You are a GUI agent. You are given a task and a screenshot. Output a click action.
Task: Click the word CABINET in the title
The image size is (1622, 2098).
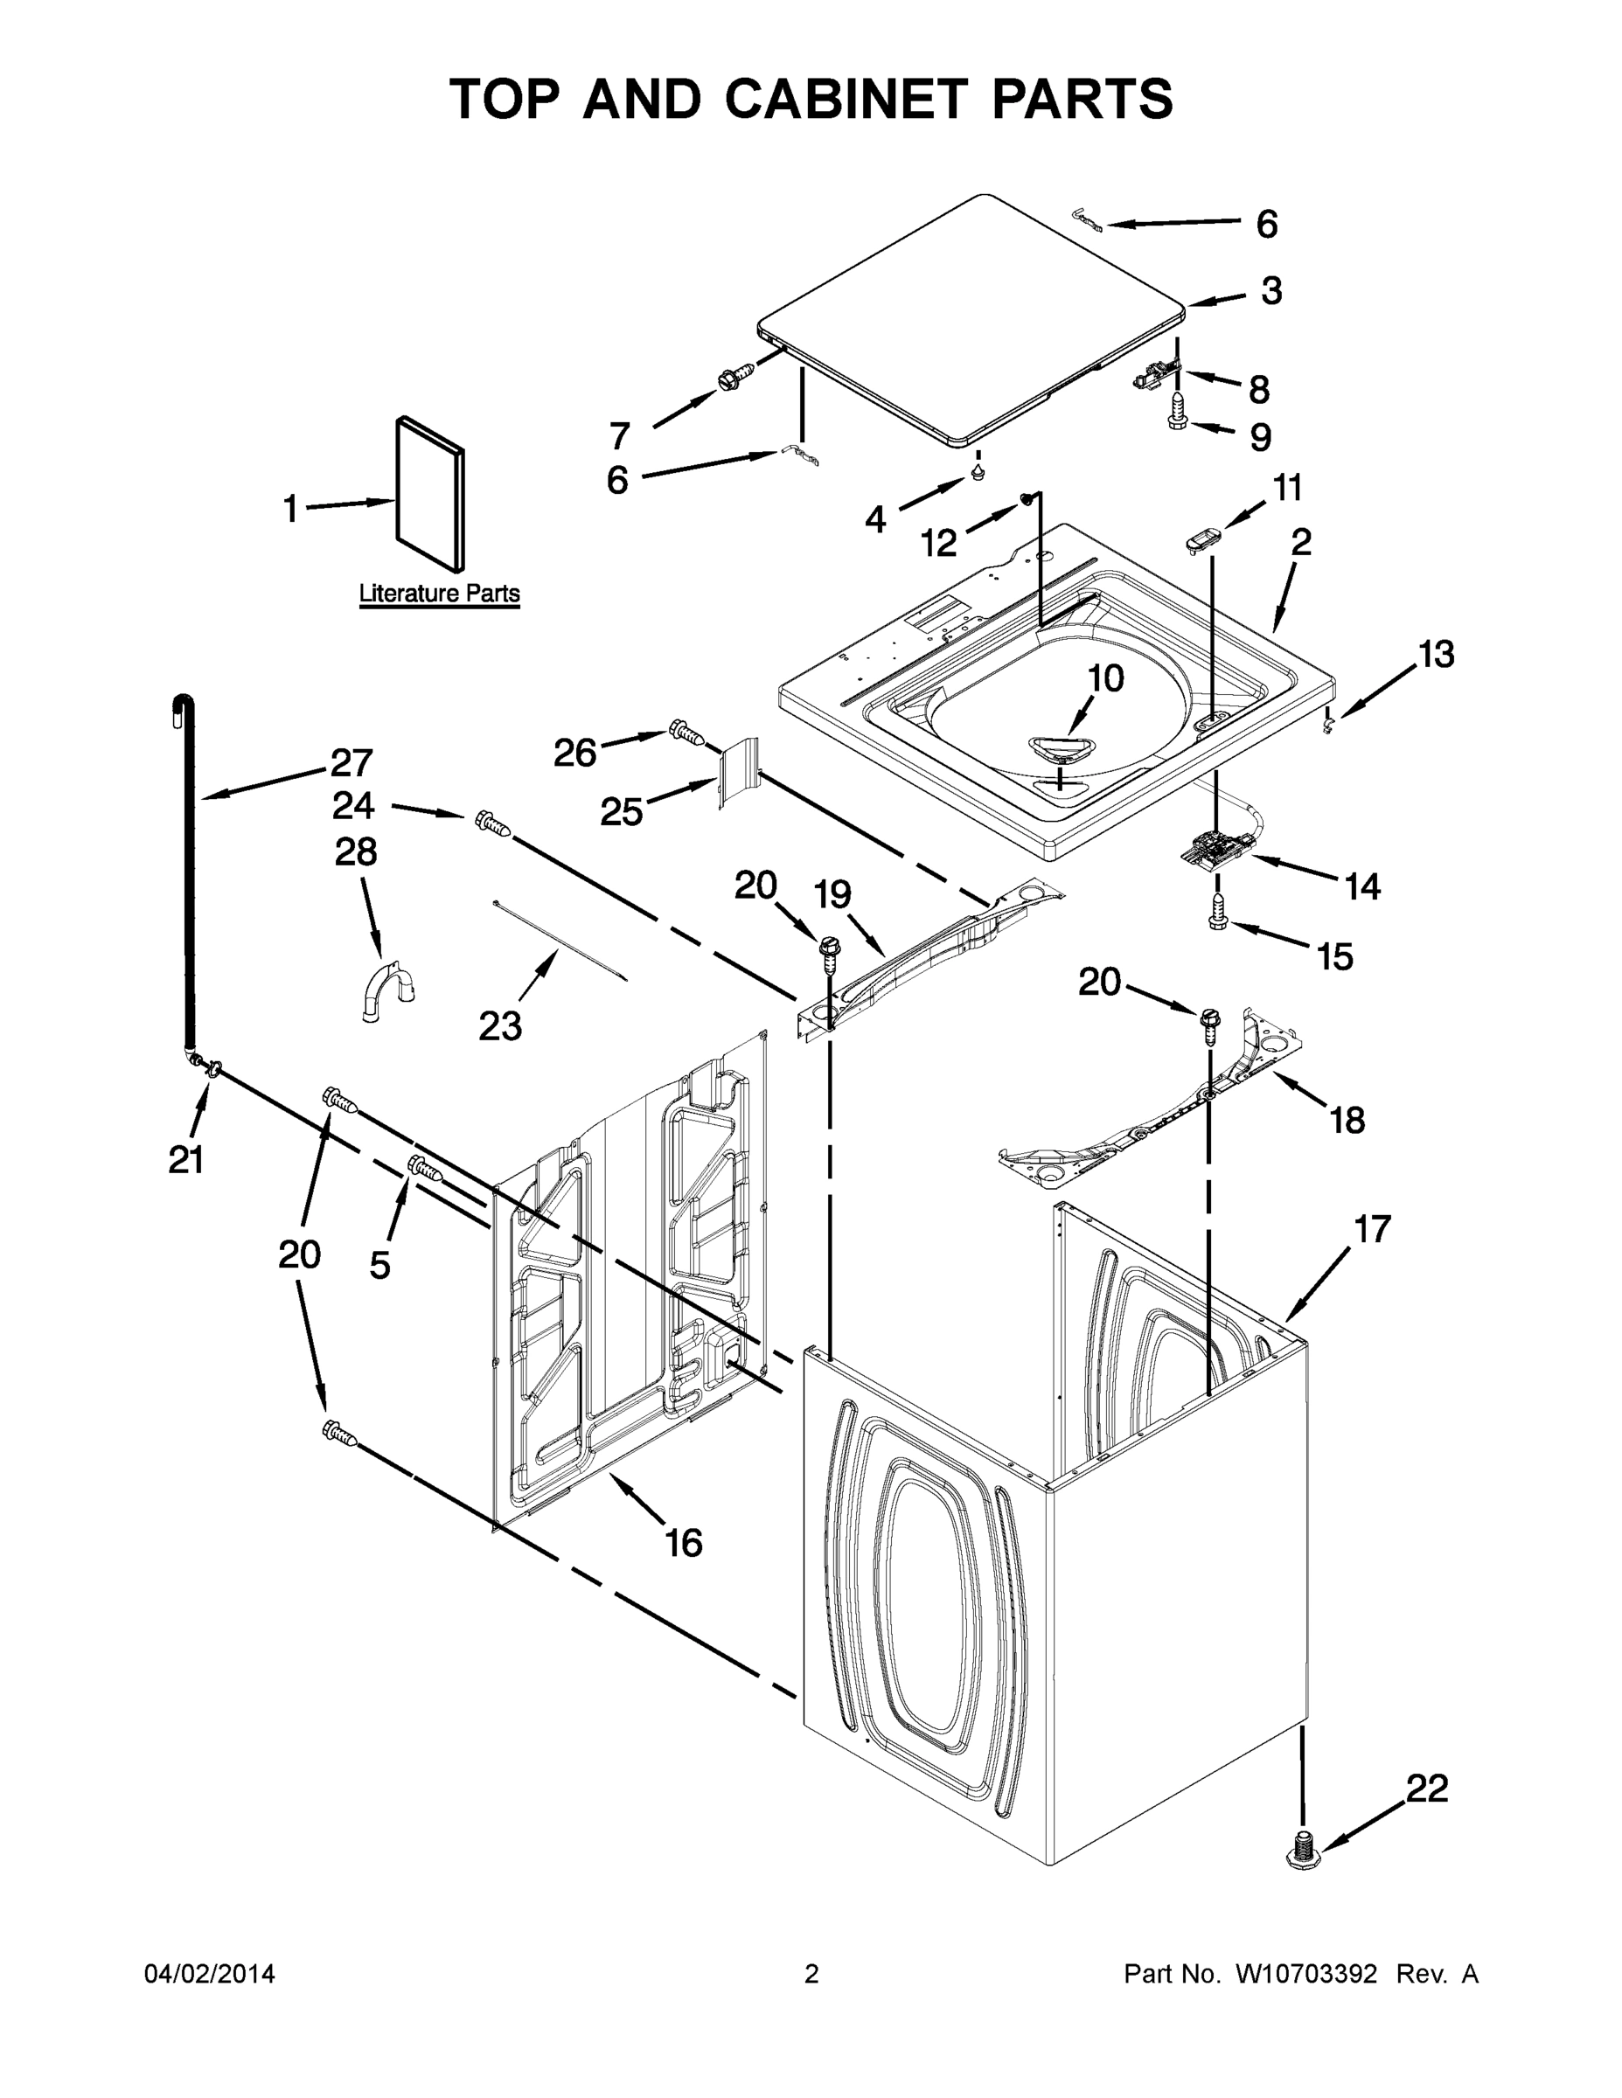(845, 100)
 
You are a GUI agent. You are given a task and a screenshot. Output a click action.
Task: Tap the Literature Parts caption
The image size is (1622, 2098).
(439, 594)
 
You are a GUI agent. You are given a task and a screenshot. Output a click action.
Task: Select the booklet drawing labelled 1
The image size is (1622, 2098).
(429, 493)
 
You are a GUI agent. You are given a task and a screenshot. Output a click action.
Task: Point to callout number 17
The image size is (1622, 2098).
(1373, 1228)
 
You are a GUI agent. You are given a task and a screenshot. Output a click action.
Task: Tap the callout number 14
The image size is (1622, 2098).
(1362, 886)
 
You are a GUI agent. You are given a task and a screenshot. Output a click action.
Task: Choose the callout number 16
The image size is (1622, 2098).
(684, 1543)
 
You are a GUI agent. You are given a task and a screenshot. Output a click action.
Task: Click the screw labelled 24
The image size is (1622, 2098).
(491, 823)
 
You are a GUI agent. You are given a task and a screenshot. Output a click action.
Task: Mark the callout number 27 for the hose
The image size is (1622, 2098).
(351, 763)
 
